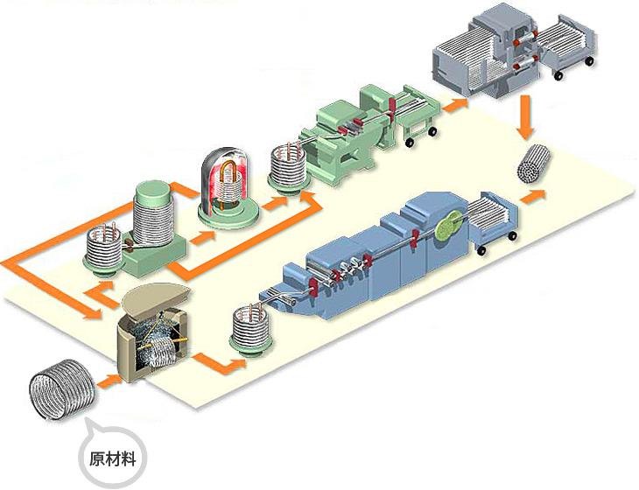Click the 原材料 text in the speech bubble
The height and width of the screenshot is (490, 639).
(113, 458)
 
